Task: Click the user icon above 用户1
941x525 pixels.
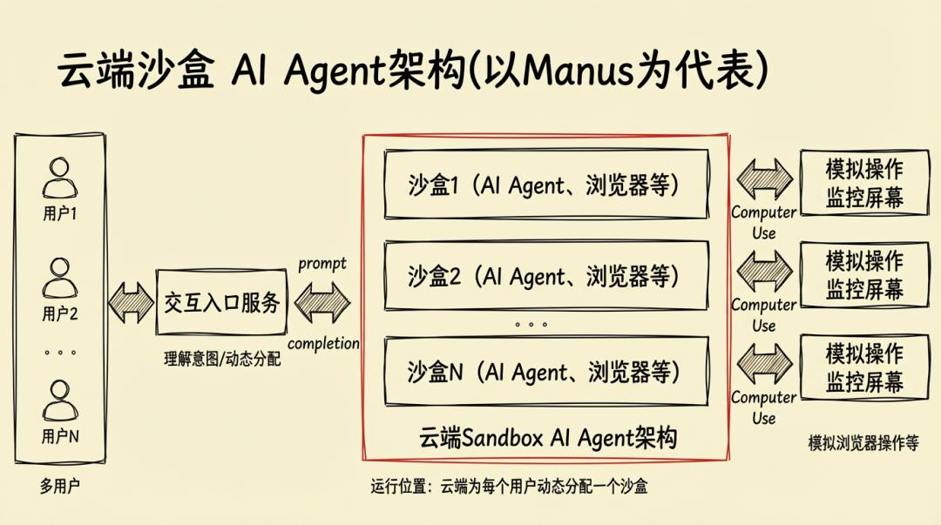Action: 59,178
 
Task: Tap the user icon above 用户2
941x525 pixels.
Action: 59,279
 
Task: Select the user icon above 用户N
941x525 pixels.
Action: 59,402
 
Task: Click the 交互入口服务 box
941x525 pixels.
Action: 222,303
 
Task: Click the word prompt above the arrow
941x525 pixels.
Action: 322,263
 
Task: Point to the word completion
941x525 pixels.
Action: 323,343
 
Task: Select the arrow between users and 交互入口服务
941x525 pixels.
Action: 130,303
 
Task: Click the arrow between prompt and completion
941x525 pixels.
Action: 322,303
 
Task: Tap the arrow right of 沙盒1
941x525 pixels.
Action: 764,179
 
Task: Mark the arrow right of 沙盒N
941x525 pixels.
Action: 764,365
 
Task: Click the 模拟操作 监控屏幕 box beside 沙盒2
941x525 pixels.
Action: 864,275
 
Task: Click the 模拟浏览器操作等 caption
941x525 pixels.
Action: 863,443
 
